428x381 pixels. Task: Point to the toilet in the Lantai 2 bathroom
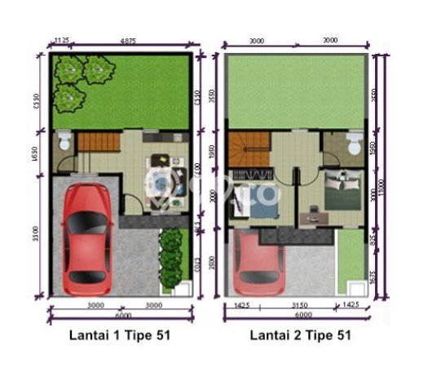[353, 146]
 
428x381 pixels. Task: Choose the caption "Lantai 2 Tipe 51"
[302, 335]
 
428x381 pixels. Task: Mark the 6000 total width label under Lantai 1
[121, 316]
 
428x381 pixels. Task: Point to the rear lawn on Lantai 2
[296, 90]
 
